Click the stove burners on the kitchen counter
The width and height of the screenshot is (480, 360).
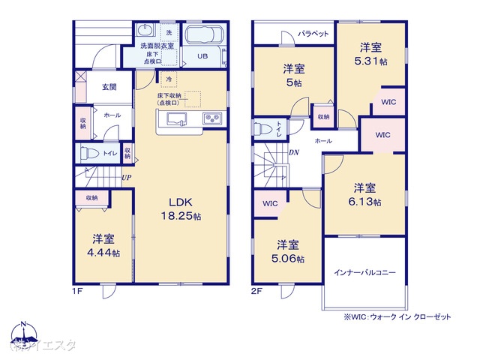point(210,119)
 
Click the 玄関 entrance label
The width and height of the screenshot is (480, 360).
point(109,87)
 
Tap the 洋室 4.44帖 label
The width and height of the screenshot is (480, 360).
point(103,246)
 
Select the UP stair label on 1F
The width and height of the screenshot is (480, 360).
point(127,177)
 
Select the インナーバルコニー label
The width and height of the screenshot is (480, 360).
point(364,272)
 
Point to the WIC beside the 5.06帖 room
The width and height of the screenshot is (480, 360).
point(270,203)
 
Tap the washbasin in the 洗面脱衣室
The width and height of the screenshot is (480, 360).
point(146,31)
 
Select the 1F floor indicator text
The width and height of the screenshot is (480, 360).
point(77,290)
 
